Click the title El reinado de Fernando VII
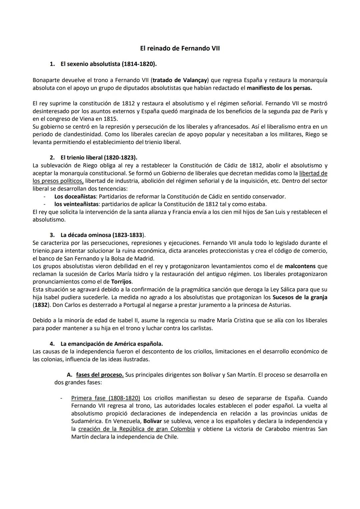[x=180, y=48]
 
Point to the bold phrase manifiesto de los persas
[x=279, y=88]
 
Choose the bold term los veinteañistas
[x=76, y=204]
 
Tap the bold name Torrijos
[x=121, y=282]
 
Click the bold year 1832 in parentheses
[x=40, y=305]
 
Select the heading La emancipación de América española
[x=112, y=344]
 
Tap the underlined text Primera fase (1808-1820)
[x=105, y=398]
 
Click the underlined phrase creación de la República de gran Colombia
[x=136, y=429]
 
